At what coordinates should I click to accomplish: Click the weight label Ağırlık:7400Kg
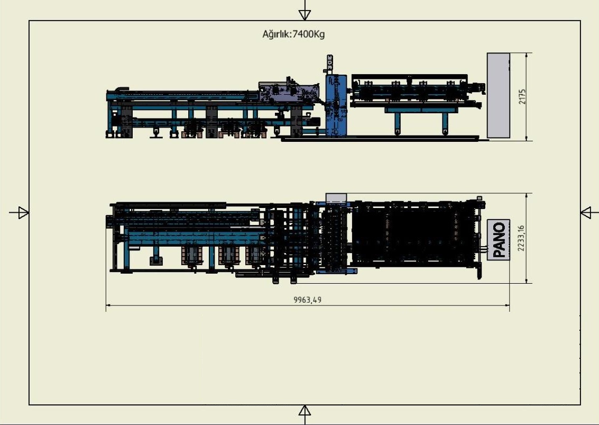(x=293, y=34)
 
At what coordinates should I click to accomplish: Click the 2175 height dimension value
(x=522, y=97)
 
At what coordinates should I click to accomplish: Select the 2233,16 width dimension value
(x=521, y=238)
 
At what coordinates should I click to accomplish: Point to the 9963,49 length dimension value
(x=308, y=300)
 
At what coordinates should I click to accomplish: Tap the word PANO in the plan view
(x=499, y=240)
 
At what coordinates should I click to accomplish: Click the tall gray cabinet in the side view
(x=498, y=96)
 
